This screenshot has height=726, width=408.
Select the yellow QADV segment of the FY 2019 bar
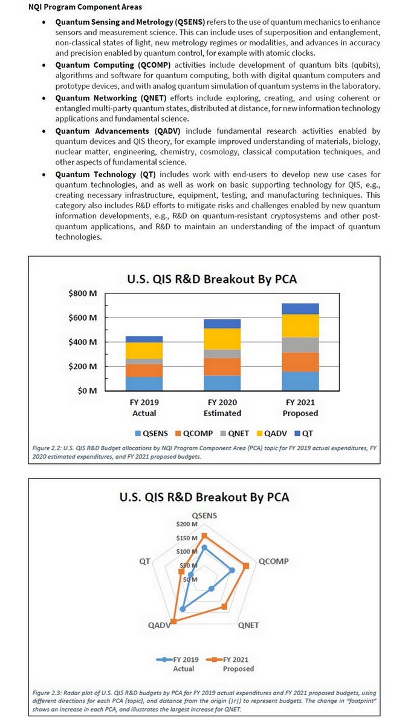(144, 350)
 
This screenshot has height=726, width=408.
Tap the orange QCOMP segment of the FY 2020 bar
(222, 367)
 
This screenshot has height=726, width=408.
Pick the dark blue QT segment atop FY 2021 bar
(300, 309)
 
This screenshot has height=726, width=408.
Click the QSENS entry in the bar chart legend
(151, 433)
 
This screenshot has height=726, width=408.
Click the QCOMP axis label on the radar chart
(273, 561)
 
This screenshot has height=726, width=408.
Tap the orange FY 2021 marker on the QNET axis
(225, 606)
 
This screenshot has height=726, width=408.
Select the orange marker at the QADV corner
(174, 621)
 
